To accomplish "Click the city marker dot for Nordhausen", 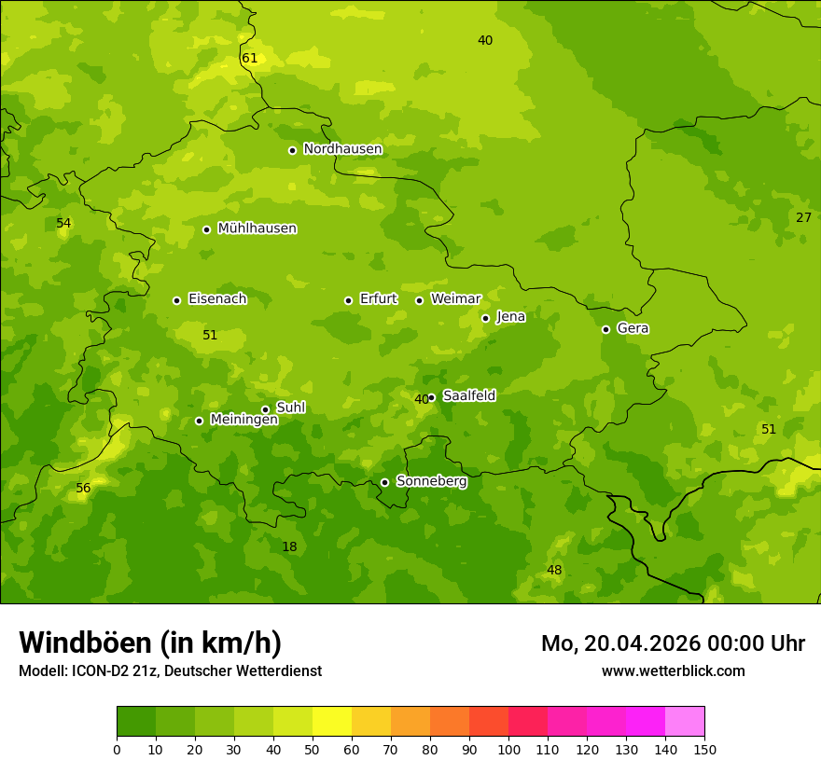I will click(292, 150).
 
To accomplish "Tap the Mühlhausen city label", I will click(257, 228).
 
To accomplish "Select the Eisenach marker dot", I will click(176, 300).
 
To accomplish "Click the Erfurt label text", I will click(378, 299).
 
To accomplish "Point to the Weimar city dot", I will click(419, 300).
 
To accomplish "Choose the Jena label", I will click(510, 317).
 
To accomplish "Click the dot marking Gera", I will click(605, 329).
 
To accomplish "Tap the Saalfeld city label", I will click(468, 396).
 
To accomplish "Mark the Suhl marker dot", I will click(265, 409).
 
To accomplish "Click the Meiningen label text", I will click(244, 420).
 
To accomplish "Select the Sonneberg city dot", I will click(384, 482).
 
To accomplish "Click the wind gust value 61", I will click(249, 59).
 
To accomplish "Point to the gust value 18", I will click(289, 546).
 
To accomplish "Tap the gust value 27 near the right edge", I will click(803, 217).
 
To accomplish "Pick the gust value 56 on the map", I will click(83, 489).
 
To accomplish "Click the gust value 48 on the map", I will click(554, 571).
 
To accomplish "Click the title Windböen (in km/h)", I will click(150, 643).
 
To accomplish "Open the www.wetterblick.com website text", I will click(673, 671).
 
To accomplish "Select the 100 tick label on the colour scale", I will click(508, 749).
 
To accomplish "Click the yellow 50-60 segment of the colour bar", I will click(332, 722).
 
